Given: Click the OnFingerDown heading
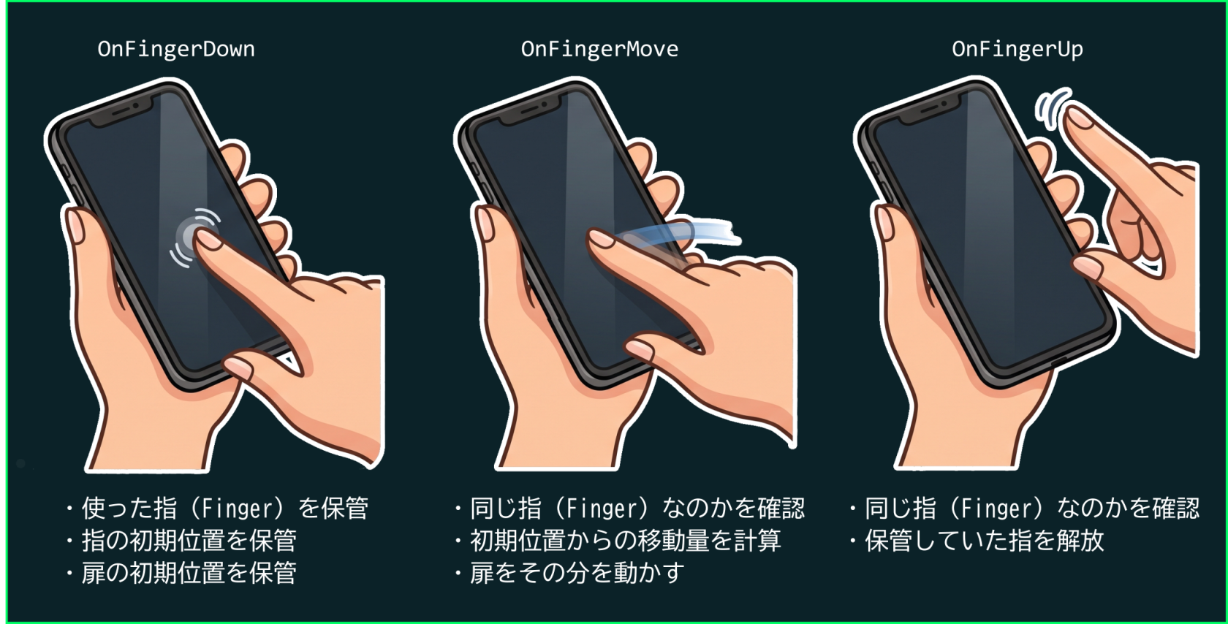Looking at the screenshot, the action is point(176,49).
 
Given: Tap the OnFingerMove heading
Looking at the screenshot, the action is point(599,49).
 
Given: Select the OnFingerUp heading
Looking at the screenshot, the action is point(1017,50).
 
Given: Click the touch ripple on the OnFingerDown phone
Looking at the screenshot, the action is point(194,238).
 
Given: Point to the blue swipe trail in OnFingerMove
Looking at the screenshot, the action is point(680,233).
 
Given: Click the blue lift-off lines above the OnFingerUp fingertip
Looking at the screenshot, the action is point(1051,107).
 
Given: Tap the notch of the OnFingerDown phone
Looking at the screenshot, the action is point(121,113).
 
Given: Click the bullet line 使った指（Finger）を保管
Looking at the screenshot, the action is point(217,509).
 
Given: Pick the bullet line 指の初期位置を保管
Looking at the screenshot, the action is point(181,541).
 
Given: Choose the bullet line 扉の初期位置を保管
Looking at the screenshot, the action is point(181,573).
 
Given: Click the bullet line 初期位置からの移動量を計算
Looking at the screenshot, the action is point(618,541).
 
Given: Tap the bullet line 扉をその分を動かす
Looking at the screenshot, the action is point(569,573).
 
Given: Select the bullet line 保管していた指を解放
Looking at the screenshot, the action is point(977,541).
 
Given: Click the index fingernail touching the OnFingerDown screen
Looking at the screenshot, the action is point(208,240).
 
